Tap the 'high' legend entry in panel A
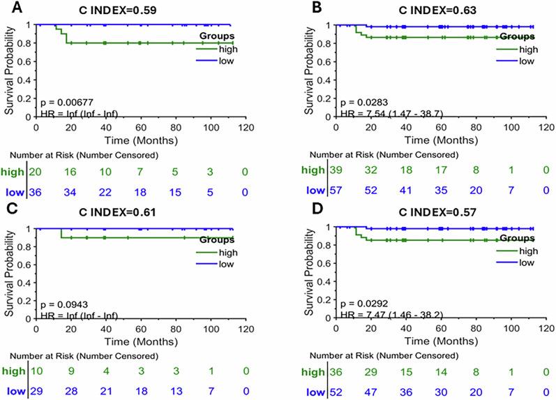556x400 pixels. tap(225, 48)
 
